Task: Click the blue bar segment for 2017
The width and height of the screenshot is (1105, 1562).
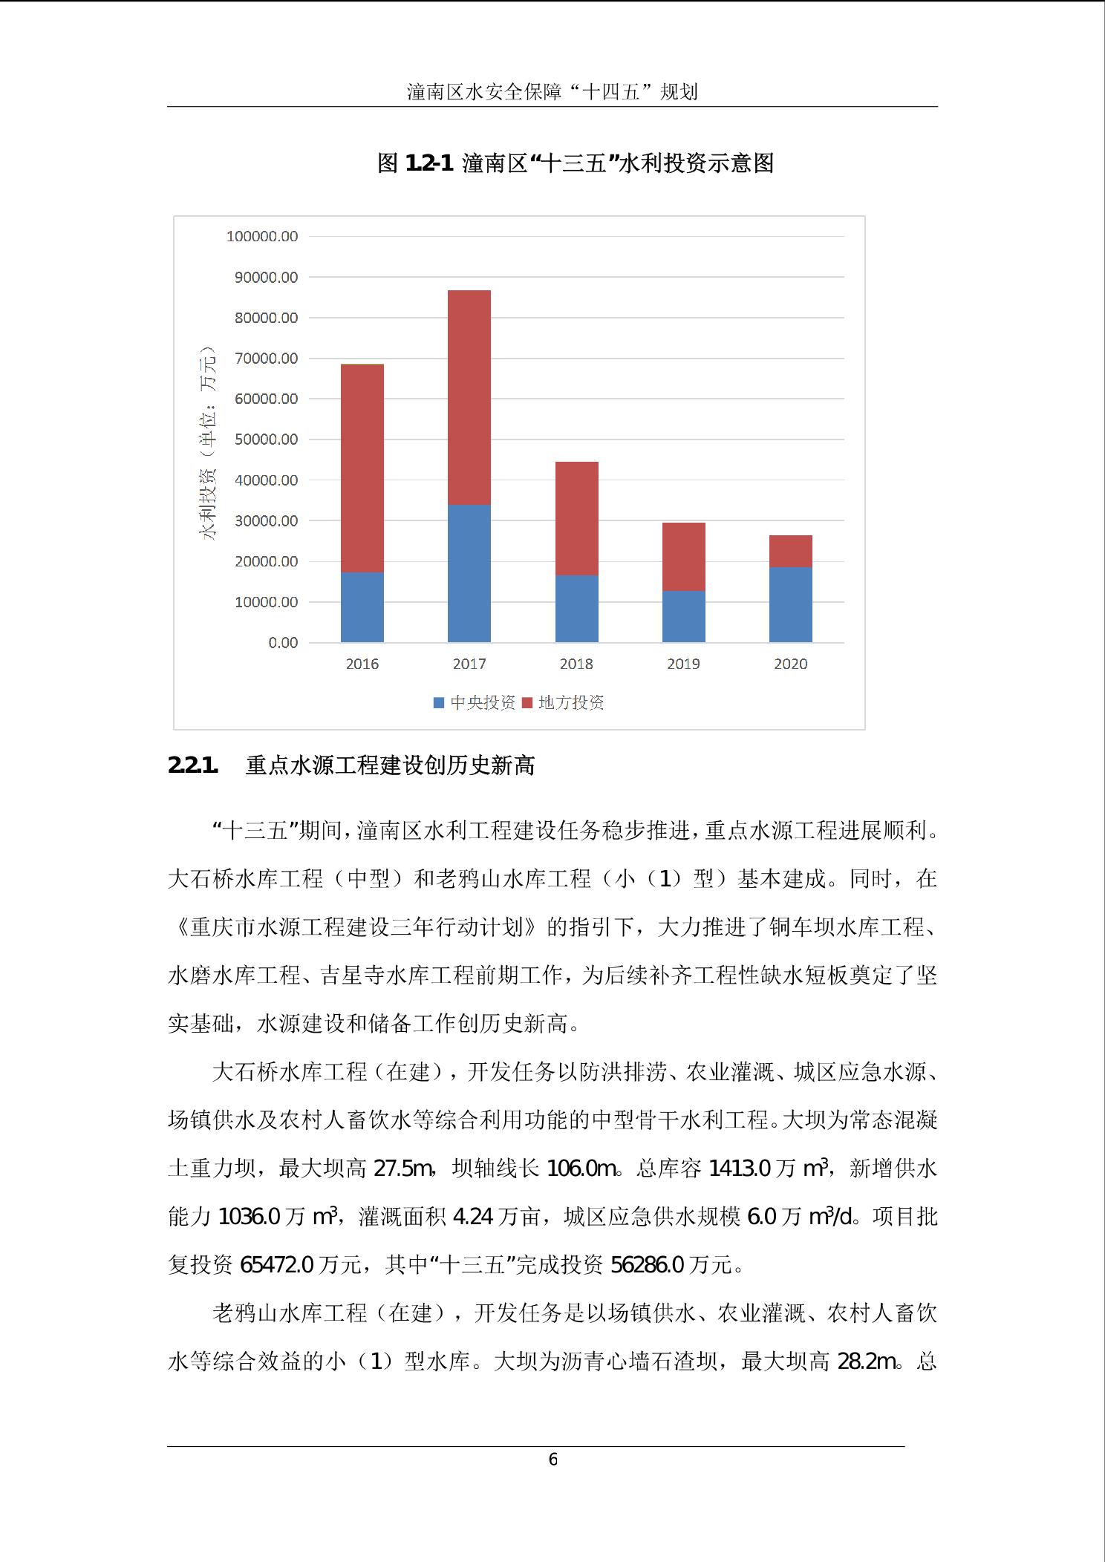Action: pos(469,573)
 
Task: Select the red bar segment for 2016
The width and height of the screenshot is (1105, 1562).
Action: pos(362,468)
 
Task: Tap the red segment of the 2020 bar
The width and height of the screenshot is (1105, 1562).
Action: pos(790,551)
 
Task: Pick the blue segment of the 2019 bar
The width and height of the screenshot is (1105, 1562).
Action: pos(683,616)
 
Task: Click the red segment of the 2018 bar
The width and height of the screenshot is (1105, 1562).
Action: pos(576,518)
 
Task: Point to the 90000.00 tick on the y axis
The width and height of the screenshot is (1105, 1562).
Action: pos(262,278)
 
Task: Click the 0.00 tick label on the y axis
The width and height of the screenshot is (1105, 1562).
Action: pos(283,643)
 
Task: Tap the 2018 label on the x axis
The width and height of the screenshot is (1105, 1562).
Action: pos(576,664)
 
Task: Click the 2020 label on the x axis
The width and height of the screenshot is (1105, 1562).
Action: pos(790,664)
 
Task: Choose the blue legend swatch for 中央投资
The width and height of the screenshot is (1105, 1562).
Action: pos(439,702)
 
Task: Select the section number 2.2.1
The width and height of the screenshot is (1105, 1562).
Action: pos(193,765)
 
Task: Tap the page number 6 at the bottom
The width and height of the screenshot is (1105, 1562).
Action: pos(552,1460)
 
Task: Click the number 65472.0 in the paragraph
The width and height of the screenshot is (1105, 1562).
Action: pos(276,1264)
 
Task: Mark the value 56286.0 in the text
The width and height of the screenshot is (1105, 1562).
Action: pos(646,1264)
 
